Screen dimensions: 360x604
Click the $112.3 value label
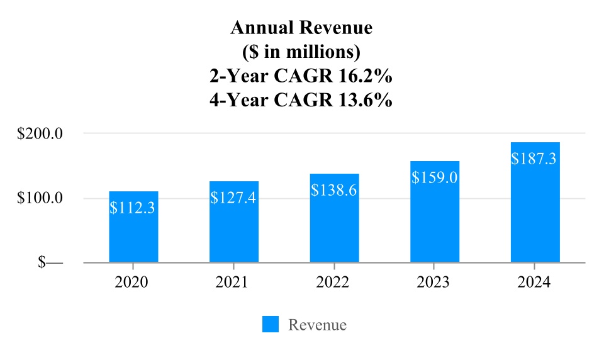133,208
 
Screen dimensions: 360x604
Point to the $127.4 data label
234,198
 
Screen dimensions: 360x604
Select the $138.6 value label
334,190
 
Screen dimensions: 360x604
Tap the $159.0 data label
435,177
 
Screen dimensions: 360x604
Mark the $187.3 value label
535,159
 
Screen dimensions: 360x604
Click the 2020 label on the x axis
131,283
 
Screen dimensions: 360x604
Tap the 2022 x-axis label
333,283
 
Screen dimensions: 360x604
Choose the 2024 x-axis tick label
534,283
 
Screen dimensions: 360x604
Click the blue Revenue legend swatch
271,324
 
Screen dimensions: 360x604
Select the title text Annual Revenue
301,28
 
